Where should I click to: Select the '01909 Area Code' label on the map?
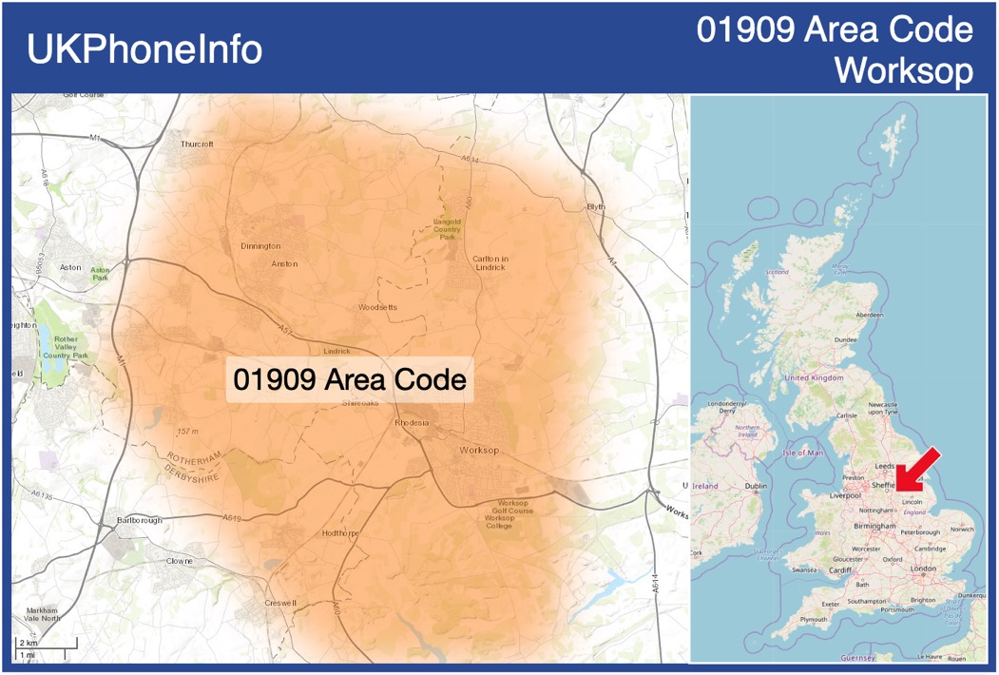click(x=350, y=379)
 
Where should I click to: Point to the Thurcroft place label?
click(x=197, y=144)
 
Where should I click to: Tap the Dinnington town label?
click(x=260, y=245)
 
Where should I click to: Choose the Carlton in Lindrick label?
click(x=490, y=262)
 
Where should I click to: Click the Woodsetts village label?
click(x=377, y=307)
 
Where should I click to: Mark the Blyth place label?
click(x=596, y=206)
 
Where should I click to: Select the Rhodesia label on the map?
click(x=412, y=423)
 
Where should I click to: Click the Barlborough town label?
click(x=139, y=521)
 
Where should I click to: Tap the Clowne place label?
click(x=179, y=561)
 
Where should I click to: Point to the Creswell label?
click(x=280, y=603)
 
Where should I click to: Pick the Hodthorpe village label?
click(x=339, y=533)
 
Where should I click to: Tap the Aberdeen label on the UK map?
click(x=869, y=314)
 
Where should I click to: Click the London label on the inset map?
click(x=923, y=569)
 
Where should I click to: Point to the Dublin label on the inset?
click(x=757, y=487)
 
